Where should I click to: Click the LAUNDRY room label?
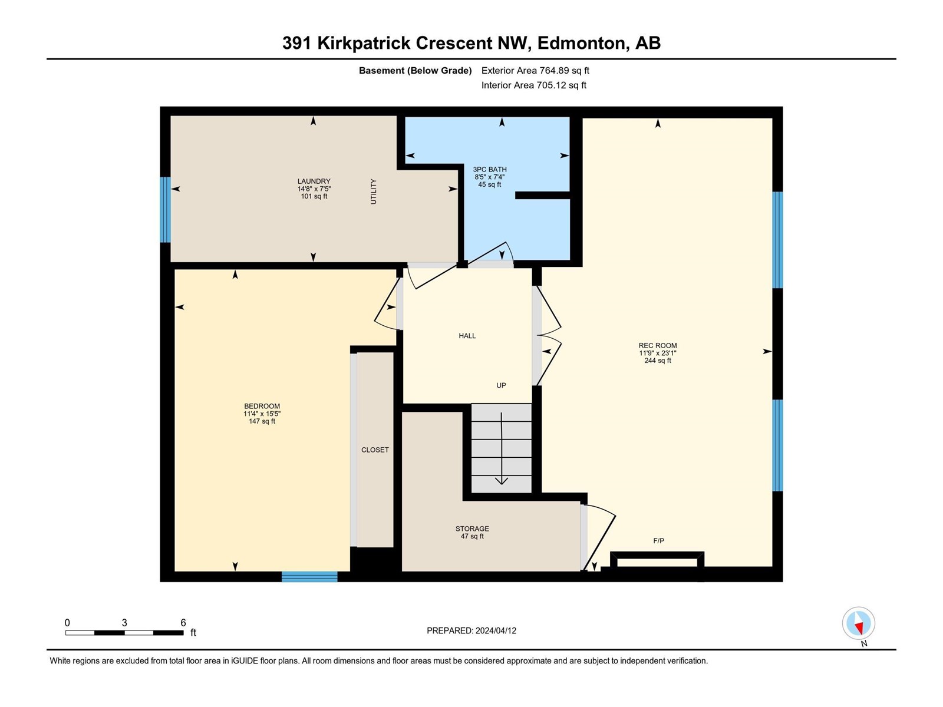pos(314,181)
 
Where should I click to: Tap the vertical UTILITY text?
pos(373,191)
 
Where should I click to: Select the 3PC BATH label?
pos(489,170)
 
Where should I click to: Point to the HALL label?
pos(467,336)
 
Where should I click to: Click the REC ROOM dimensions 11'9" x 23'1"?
pos(657,353)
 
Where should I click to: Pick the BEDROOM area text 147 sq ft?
pos(262,421)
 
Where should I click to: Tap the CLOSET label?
pos(375,450)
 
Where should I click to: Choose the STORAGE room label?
pos(472,528)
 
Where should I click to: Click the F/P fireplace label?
pos(658,540)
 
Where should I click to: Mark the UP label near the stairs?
pos(501,385)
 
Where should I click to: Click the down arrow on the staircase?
pos(502,448)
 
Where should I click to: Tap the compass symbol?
pos(858,623)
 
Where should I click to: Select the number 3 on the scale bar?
pos(124,622)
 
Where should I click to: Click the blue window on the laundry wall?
pos(165,210)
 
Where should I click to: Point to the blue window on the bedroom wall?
pos(309,577)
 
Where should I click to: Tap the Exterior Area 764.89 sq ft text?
pos(535,70)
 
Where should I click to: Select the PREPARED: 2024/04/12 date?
pos(471,630)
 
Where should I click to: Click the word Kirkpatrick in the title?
pos(364,44)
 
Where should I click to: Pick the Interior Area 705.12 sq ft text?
pos(533,85)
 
